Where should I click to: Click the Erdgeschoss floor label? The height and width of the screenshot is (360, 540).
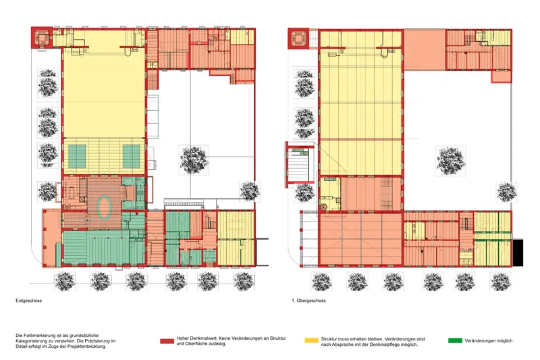tap(28, 301)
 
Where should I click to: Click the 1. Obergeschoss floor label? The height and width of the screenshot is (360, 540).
tap(308, 301)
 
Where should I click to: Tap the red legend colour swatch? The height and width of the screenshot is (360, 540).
tap(167, 341)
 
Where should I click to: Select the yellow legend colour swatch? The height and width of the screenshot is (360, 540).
tap(311, 340)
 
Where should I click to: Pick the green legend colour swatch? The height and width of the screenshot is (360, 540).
tap(455, 340)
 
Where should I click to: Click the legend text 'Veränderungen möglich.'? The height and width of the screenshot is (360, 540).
tap(489, 340)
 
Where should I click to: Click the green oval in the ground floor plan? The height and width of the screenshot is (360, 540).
tap(105, 207)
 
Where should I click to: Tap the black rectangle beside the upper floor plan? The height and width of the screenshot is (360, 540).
tap(518, 253)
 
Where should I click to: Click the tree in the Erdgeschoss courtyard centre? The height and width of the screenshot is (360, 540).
tap(194, 160)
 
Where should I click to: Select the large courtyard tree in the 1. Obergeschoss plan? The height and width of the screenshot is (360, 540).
tap(450, 161)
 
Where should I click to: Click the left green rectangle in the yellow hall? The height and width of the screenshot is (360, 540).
tap(77, 157)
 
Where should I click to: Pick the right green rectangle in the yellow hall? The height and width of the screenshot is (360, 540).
tap(132, 157)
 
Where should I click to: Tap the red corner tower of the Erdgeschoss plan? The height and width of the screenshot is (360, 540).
tap(42, 38)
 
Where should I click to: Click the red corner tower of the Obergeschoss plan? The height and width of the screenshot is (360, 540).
tap(298, 38)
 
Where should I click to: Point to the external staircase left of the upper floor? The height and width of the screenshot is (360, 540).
tap(299, 165)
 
